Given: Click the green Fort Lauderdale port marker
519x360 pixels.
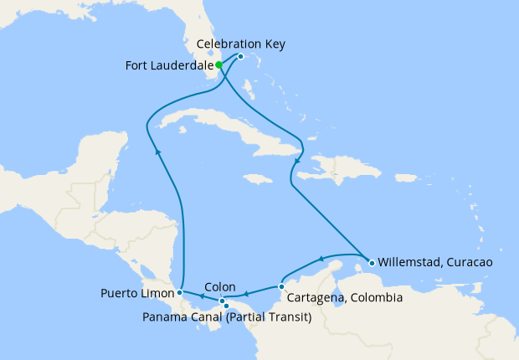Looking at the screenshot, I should (x=218, y=64).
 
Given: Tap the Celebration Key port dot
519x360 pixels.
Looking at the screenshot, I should (x=240, y=57).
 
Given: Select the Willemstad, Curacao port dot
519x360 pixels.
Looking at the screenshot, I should (x=369, y=261).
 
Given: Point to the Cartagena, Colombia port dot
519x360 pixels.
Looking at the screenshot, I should (x=281, y=287).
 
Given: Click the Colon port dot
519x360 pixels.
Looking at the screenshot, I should (x=222, y=301).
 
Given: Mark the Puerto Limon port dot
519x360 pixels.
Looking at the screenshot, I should (x=179, y=293).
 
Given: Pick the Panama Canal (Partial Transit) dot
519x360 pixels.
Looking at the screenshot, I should (x=227, y=306).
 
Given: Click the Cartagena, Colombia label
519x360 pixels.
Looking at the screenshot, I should (x=345, y=298).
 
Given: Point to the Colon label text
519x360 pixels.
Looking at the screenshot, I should (x=219, y=286).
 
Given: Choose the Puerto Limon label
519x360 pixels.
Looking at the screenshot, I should (x=136, y=294).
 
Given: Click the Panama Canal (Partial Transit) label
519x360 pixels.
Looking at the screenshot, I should (x=227, y=317).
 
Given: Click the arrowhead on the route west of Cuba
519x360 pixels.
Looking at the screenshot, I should (x=157, y=152).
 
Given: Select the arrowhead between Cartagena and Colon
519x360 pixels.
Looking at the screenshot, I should (x=248, y=294).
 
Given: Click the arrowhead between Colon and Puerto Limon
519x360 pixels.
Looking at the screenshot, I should (x=201, y=296).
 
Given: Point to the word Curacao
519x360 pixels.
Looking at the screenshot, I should (x=469, y=262).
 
